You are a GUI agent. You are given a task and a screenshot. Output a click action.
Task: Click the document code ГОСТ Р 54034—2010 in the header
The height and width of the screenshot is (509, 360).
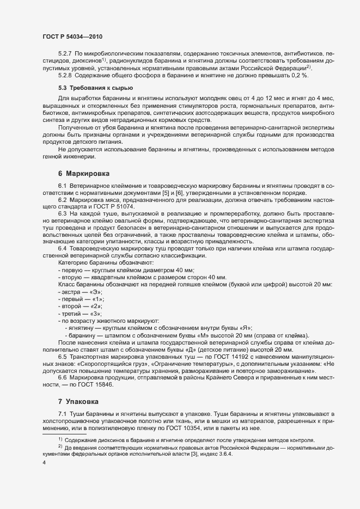pos(72,36)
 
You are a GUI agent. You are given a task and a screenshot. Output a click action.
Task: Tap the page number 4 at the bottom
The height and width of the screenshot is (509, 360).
pos(44,462)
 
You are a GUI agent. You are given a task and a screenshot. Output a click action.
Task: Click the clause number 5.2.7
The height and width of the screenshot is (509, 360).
pos(65,54)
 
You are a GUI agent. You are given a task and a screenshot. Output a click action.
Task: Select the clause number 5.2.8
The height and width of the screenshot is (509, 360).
pos(65,75)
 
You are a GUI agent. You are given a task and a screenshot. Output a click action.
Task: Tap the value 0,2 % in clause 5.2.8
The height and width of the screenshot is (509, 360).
pos(313,75)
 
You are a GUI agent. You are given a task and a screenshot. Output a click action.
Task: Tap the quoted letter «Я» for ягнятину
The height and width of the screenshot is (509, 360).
pos(247,328)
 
